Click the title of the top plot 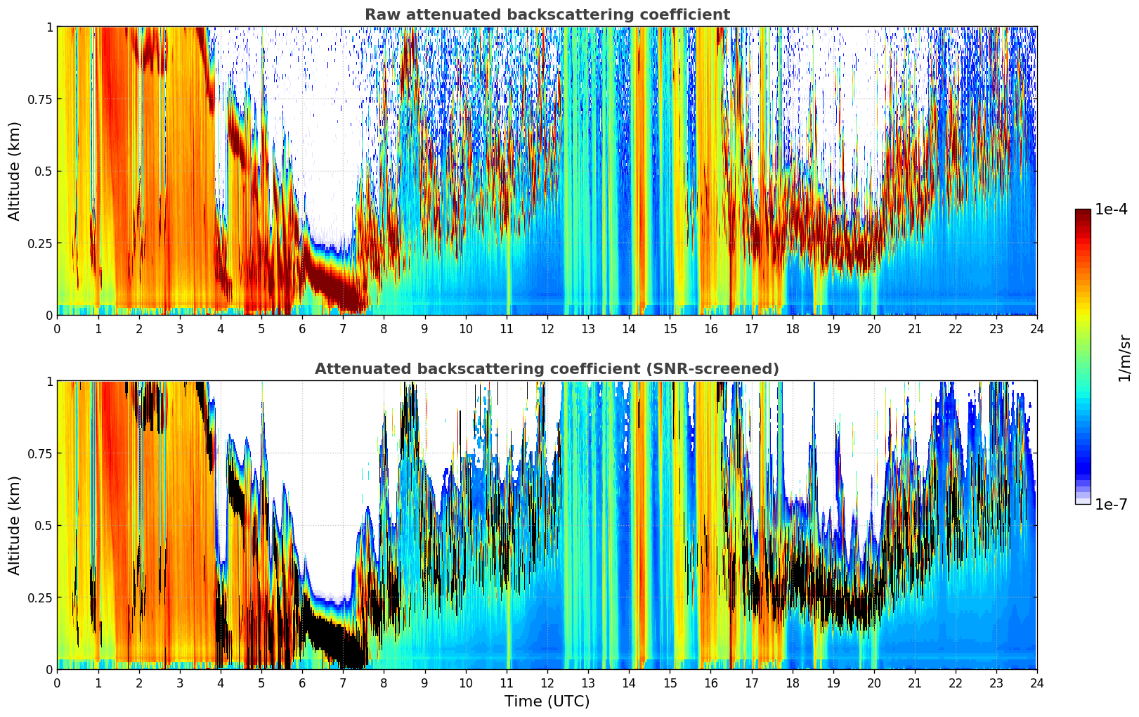pos(547,15)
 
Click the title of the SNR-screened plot pos(547,369)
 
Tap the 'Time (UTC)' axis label pos(547,702)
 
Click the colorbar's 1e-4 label pos(1111,209)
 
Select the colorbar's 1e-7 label pos(1111,504)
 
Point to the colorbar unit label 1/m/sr pos(1124,357)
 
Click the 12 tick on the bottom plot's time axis pos(547,683)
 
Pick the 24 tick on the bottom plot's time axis pos(1037,683)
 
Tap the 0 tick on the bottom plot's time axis pos(58,683)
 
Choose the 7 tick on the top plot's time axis pos(343,329)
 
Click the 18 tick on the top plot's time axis pos(792,329)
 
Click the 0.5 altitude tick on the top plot pos(43,172)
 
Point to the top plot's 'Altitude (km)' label pos(15,171)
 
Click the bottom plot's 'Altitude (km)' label pos(15,525)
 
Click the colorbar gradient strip pos(1083,356)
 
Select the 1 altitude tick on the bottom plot pos(49,382)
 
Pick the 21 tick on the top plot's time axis pos(914,329)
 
